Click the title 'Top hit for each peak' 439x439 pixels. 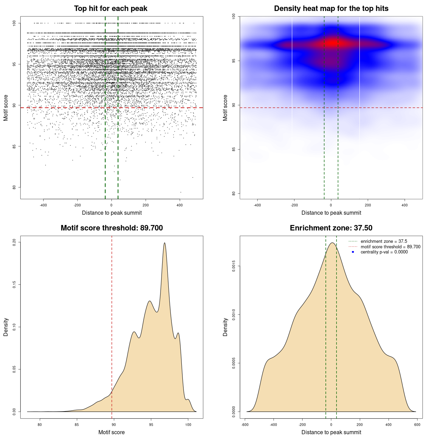[110, 9]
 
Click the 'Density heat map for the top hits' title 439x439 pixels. [331, 9]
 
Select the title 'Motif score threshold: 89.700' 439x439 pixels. [111, 228]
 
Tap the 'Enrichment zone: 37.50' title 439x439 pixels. [331, 228]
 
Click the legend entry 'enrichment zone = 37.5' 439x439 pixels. [384, 241]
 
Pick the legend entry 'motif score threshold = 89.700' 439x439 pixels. [390, 247]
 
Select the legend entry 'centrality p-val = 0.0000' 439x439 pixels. [384, 252]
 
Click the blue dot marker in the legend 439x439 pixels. [353, 252]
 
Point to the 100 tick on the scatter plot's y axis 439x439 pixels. [14, 23]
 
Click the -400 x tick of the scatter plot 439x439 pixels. [43, 205]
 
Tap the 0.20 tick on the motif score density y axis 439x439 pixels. [14, 242]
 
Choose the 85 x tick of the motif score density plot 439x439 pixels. [77, 425]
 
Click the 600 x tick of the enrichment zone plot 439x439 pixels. [417, 425]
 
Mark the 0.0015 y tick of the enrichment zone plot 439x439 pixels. [234, 266]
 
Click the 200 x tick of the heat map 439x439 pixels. [368, 205]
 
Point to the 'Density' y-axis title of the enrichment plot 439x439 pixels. [225, 327]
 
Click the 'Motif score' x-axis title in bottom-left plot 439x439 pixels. [111, 432]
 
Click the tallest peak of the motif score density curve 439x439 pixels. [165, 243]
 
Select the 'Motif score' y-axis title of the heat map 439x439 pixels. [225, 108]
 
